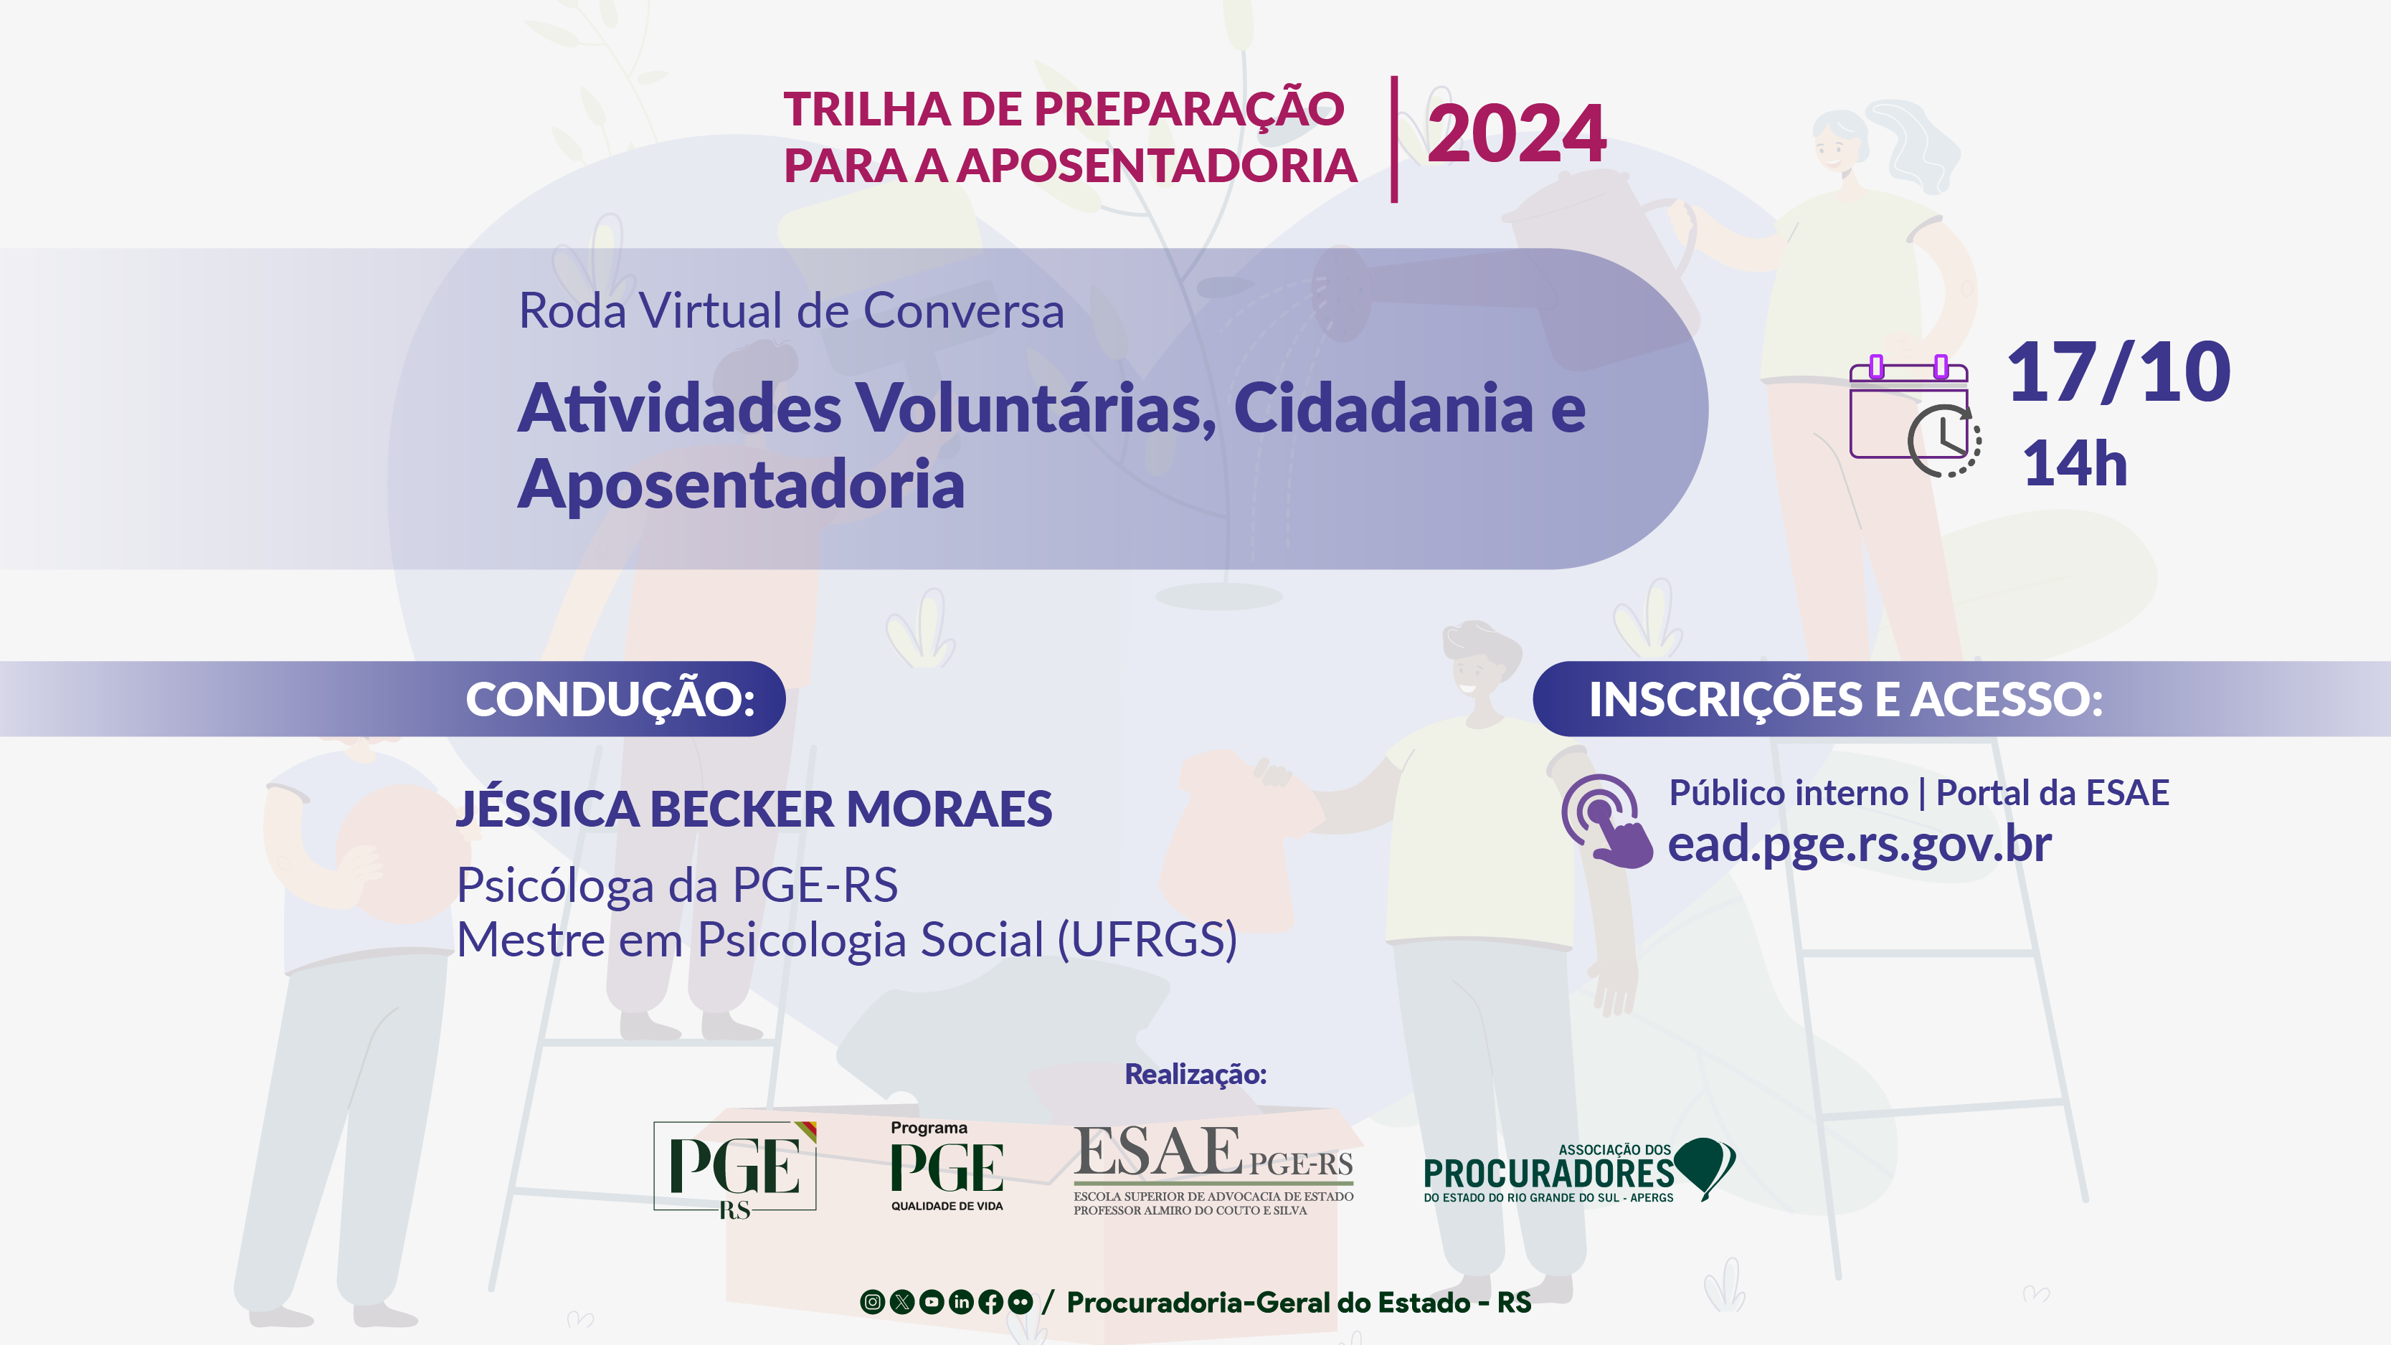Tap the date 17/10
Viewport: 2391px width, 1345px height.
[2118, 372]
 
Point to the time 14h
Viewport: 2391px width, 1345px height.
[2075, 463]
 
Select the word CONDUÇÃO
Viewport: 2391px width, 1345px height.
[609, 699]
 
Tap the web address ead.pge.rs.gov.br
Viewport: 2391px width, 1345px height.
[1859, 844]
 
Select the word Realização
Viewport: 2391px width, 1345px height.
[1195, 1074]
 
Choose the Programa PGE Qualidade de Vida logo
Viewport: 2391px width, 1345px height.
[947, 1166]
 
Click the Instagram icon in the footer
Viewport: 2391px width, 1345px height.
[873, 1302]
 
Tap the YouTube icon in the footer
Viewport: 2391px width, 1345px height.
[931, 1302]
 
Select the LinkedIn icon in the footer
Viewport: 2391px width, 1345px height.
[961, 1302]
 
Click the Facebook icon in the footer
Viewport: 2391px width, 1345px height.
[990, 1302]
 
